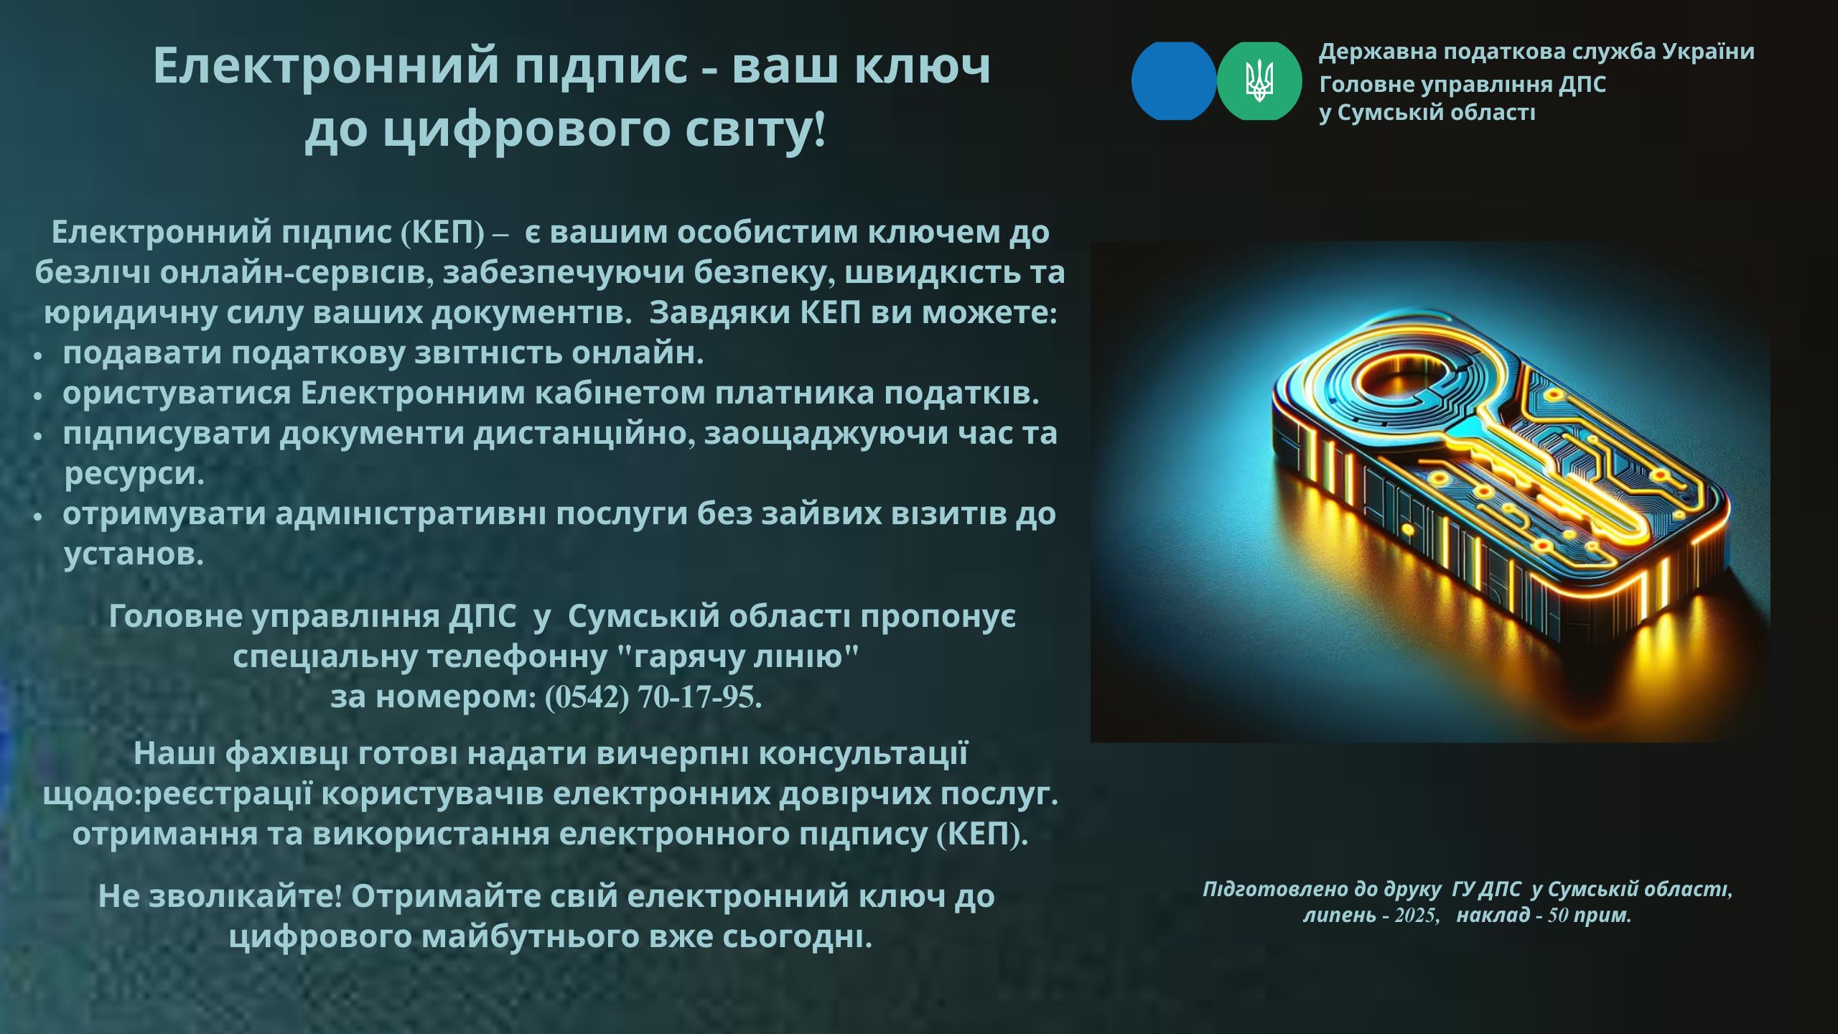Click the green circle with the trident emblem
[1259, 80]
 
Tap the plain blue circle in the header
[1174, 80]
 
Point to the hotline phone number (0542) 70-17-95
[653, 697]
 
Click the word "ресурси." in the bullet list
[135, 475]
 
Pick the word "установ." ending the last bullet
[134, 554]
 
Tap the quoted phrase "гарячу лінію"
[739, 656]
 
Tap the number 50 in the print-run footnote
[1558, 916]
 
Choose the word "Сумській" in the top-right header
[1429, 113]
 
